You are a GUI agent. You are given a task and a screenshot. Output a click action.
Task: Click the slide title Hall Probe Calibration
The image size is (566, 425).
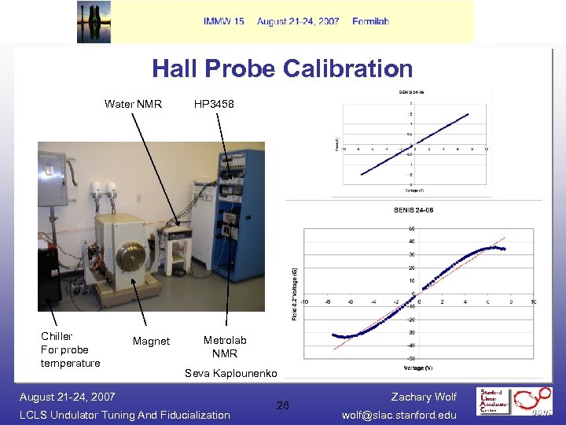pos(282,68)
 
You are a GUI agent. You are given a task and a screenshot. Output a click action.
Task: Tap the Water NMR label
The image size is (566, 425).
pos(133,103)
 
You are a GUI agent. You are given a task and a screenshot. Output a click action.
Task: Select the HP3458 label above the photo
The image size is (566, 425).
pos(214,103)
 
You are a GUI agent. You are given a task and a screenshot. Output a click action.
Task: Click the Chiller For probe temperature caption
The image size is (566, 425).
pos(71,349)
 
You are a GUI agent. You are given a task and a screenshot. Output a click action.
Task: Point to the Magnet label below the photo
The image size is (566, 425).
pos(151,341)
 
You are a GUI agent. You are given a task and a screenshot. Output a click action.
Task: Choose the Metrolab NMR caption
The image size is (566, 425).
pos(225,346)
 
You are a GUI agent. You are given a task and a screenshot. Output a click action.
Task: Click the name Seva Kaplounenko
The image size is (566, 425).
pos(230,372)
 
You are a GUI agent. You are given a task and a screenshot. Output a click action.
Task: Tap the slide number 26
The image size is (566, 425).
pos(283,405)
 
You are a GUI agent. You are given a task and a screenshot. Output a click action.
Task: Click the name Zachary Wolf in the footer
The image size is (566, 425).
pos(423,397)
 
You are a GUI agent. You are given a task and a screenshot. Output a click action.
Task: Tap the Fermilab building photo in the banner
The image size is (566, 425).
pos(94,21)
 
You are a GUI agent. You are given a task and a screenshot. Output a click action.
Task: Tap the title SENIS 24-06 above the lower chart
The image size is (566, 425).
pos(413,209)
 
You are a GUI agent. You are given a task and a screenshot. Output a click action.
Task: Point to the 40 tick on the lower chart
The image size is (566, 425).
pos(412,242)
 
